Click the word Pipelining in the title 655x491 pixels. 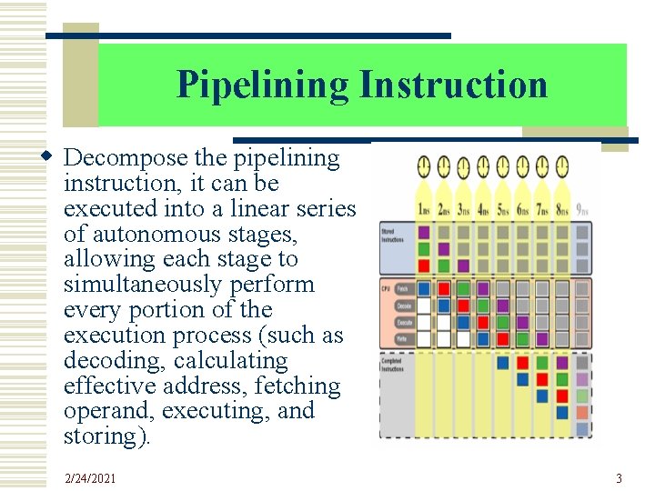262,85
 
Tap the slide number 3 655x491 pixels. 619,478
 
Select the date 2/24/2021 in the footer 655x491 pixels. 90,478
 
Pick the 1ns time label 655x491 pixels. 425,209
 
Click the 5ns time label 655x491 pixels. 503,209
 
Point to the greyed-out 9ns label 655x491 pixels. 582,210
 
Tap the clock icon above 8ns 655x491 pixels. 562,166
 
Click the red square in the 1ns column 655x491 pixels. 424,265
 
